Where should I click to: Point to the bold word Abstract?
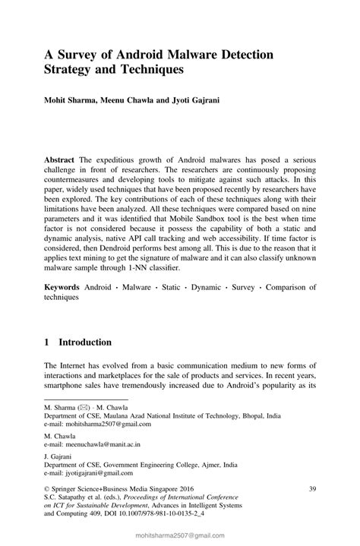pos(59,160)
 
